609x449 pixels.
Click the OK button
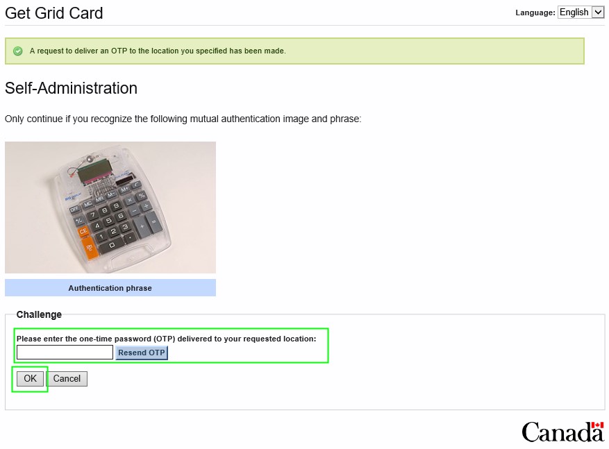coord(30,378)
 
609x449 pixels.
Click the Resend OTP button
coord(142,353)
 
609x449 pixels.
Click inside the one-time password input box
coord(65,353)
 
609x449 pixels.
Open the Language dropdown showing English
coord(581,12)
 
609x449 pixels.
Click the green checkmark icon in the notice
coord(18,51)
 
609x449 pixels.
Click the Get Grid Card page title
coord(54,13)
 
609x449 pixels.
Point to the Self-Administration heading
coord(71,88)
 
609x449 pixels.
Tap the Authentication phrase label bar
coord(110,288)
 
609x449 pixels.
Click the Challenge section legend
coord(39,314)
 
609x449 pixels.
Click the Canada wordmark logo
coord(562,432)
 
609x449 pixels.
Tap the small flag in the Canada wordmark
coord(597,425)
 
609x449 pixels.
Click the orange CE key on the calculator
coord(83,232)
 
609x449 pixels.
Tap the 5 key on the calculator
coord(109,221)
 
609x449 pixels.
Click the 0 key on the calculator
coord(112,246)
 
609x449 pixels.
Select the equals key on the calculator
coord(153,222)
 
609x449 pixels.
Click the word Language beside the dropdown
coord(535,12)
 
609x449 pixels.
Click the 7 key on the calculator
coord(93,214)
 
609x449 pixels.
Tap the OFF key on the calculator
coord(74,209)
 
